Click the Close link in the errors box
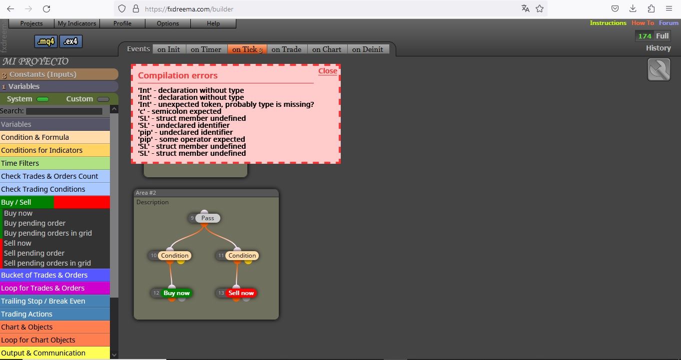[327, 71]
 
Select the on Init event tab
[169, 49]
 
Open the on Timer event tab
[206, 49]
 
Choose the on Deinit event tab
[368, 49]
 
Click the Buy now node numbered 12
[176, 293]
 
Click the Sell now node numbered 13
[241, 293]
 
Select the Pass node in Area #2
[207, 218]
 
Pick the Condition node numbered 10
[174, 256]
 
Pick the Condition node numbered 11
[242, 256]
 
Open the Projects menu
[31, 23]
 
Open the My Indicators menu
[77, 23]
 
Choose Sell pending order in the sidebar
[34, 253]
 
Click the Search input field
[64, 111]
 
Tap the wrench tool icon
[659, 69]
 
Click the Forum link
[669, 23]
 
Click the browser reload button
[46, 9]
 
